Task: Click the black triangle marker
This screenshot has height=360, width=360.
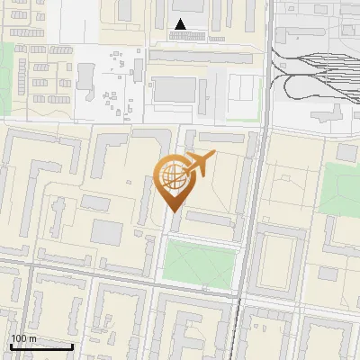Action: click(181, 24)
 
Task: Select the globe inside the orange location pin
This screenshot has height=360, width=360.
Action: click(172, 177)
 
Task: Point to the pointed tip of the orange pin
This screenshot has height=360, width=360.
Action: click(172, 212)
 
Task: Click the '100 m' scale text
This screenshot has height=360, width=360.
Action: click(24, 338)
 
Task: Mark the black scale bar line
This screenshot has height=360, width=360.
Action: click(41, 346)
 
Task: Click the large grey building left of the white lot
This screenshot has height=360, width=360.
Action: click(175, 90)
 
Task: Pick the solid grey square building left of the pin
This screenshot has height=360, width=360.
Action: click(106, 233)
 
